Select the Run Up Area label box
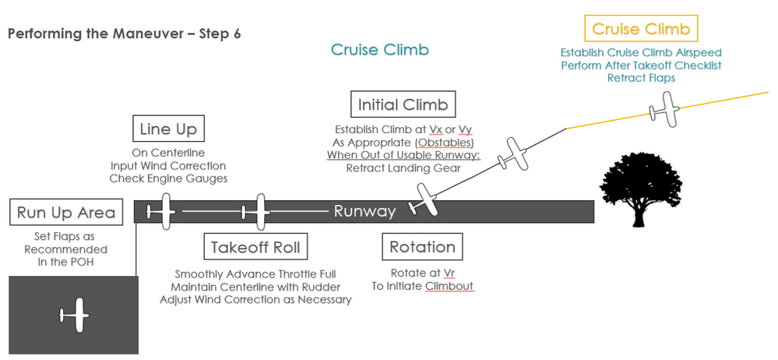pos(66,212)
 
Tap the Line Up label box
pos(168,129)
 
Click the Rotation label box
pos(422,247)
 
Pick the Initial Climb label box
pos(403,104)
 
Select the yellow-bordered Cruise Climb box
pos(641,30)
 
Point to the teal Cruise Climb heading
pos(380,51)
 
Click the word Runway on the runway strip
pos(365,211)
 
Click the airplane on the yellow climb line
pos(665,108)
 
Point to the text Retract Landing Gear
pos(403,168)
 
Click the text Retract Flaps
pos(641,78)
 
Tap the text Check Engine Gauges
pos(167,179)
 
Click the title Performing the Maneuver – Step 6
pos(124,35)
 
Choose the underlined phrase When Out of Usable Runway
pos(403,155)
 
